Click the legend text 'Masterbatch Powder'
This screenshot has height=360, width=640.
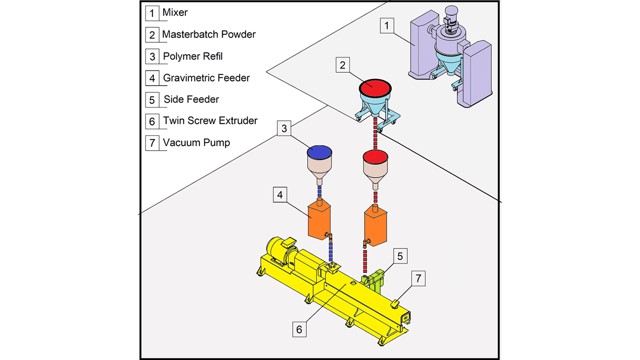pos(208,34)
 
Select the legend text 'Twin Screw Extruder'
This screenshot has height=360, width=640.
pos(210,121)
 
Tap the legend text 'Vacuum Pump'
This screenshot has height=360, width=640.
pos(196,143)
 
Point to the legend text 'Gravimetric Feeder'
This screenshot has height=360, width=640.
pos(206,78)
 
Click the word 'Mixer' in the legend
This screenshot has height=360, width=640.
pos(175,12)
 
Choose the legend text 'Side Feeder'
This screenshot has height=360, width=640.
pos(191,99)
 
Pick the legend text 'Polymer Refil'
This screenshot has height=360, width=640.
pos(192,56)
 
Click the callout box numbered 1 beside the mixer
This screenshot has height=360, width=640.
pos(387,26)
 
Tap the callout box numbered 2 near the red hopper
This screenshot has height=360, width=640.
pos(342,65)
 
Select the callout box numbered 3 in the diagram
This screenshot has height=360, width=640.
pos(284,128)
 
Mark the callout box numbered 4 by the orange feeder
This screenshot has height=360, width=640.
pos(280,195)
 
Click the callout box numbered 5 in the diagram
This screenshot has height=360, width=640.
pos(400,256)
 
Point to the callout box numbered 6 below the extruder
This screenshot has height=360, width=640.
pos(299,329)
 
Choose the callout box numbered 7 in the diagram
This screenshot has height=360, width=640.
pos(418,278)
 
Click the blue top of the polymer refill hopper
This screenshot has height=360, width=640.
pos(319,152)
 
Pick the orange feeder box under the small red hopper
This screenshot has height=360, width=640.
pos(376,226)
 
